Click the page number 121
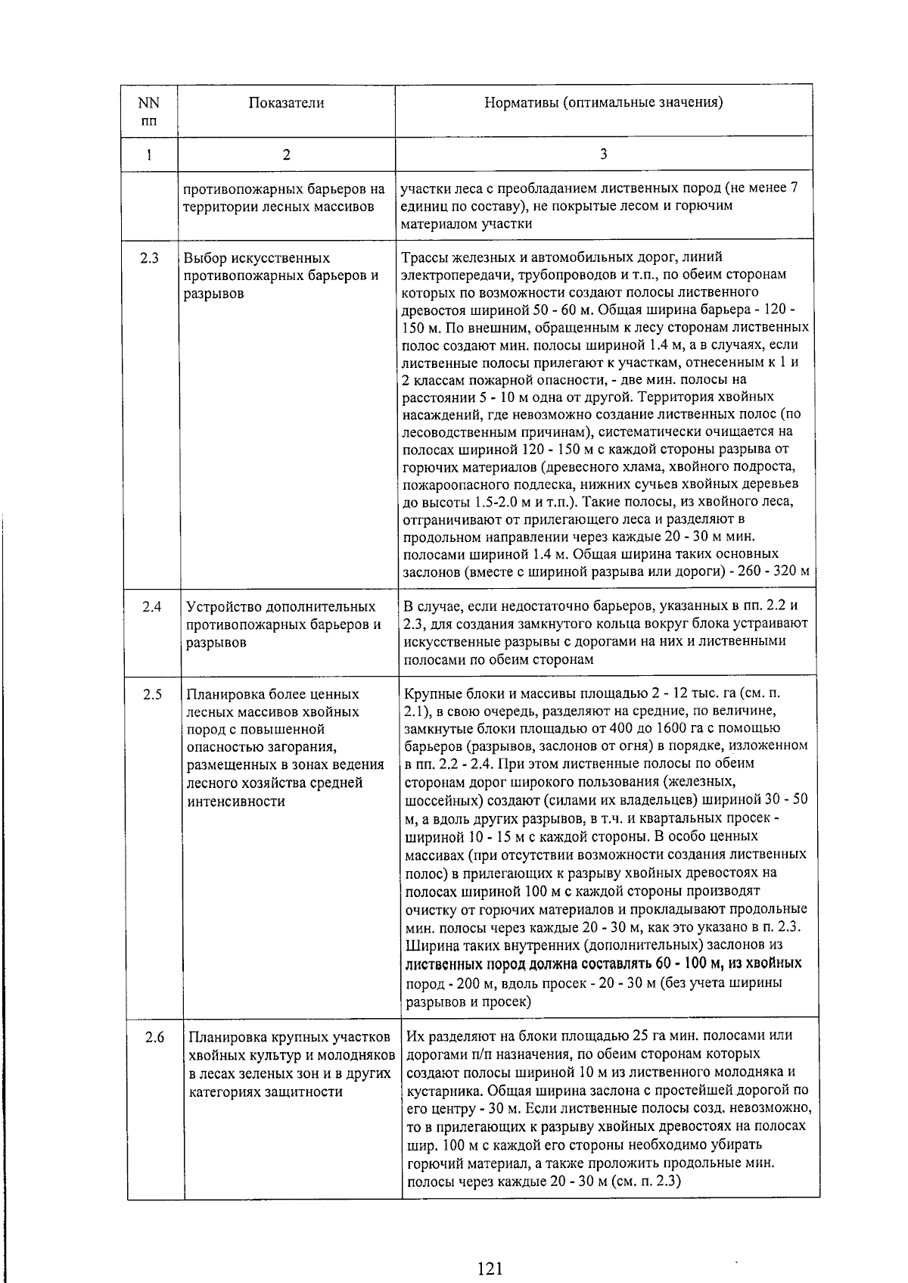(490, 1247)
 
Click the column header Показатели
(286, 103)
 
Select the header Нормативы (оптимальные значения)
(603, 103)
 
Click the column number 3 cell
(603, 154)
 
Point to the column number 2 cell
(286, 154)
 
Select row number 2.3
(149, 258)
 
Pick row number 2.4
(151, 607)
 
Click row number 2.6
(154, 1037)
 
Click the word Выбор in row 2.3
(205, 258)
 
